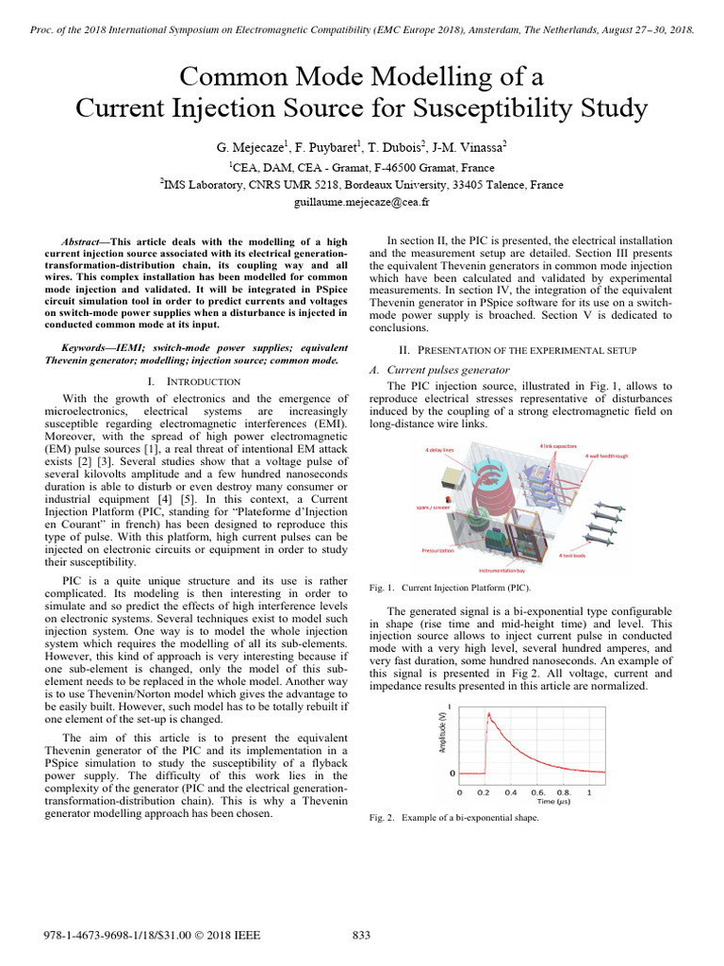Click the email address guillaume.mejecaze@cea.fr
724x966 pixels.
[x=361, y=201]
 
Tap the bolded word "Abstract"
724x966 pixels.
[x=82, y=242]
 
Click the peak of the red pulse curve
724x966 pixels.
[x=488, y=714]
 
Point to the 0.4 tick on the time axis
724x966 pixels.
[x=511, y=792]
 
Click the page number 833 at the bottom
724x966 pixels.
[x=361, y=935]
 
